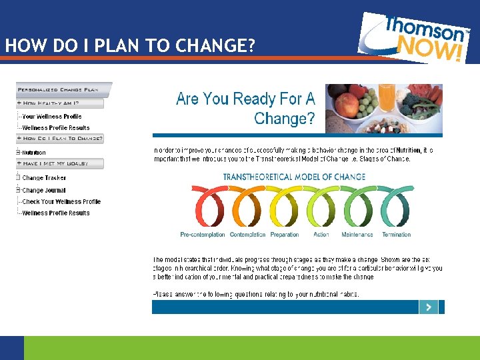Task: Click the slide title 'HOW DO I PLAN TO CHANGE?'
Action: pos(131,46)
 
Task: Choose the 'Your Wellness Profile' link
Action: pos(51,116)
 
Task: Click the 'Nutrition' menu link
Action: pos(34,153)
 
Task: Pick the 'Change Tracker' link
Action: pos(44,178)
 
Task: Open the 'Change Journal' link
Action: pos(44,190)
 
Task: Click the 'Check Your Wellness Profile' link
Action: pos(61,201)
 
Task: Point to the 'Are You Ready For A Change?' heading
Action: pos(245,109)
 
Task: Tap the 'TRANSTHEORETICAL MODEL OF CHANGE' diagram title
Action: pos(294,177)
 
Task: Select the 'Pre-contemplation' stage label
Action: pos(203,235)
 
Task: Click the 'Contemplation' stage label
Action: pos(247,235)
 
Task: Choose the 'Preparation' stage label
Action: pos(285,235)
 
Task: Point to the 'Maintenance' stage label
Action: pos(357,235)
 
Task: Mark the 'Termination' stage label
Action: pos(396,235)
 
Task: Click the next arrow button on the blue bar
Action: pos(428,307)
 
